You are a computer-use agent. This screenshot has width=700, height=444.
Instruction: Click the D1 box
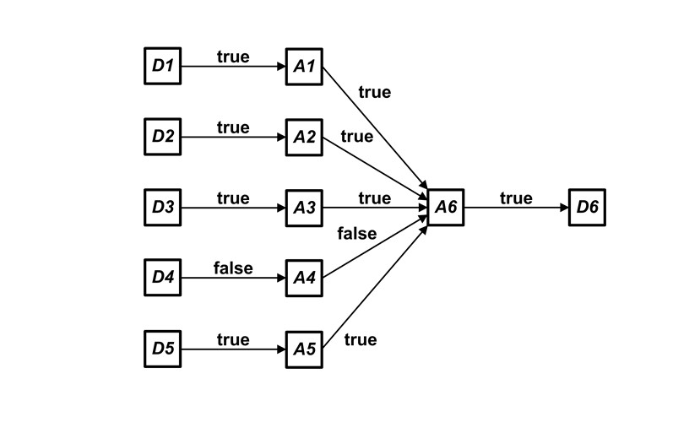[162, 67]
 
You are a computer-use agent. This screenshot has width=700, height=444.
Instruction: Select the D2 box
[162, 137]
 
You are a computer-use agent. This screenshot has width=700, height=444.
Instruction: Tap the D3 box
[162, 208]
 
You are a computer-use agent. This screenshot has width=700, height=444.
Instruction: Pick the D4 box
[162, 278]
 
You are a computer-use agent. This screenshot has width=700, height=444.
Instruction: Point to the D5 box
[162, 349]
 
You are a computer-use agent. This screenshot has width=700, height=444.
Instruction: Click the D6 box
[587, 208]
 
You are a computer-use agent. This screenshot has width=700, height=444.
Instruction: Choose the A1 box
[304, 67]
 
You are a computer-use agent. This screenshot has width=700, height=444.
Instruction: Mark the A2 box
[304, 137]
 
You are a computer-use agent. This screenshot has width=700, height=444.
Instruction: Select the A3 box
[304, 208]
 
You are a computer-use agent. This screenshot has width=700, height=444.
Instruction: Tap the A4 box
[304, 278]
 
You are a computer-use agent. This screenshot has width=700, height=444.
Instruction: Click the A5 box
[304, 349]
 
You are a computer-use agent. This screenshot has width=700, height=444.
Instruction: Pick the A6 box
[446, 208]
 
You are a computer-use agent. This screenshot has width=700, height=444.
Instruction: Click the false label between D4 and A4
[233, 268]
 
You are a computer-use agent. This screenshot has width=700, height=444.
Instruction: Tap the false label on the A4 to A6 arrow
[356, 234]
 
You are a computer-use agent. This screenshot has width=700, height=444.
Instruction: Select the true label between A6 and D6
[516, 198]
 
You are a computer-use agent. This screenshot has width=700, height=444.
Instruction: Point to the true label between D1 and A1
[233, 57]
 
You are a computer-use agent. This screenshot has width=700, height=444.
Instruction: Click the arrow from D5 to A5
[233, 349]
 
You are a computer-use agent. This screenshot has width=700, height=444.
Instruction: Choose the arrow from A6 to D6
[516, 208]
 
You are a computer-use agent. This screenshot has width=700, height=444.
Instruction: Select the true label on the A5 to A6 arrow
[361, 339]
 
